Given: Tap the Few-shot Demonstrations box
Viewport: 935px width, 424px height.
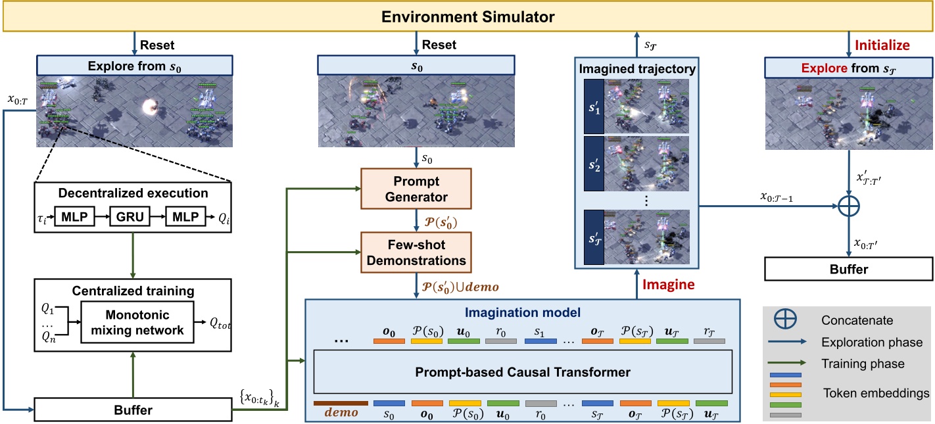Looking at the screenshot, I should pos(416,252).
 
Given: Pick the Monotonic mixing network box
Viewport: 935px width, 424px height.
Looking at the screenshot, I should pos(138,323).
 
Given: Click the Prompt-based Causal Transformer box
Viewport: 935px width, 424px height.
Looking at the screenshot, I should pos(523,372).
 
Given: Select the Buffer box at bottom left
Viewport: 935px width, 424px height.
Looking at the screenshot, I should pos(134,410).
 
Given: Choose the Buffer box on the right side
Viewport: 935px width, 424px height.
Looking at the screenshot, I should pos(848,269).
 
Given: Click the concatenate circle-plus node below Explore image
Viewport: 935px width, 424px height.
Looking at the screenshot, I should pos(848,206).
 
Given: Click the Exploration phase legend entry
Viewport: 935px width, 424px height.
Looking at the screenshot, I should pos(872,342).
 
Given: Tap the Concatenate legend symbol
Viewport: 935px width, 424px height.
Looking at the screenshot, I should pos(787,320).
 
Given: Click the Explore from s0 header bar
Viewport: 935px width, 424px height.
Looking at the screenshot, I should pos(134,66).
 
